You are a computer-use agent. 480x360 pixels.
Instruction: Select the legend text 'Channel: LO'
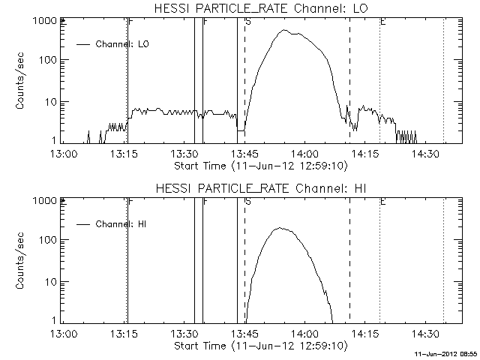click(x=123, y=44)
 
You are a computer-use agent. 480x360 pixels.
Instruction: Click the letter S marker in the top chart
click(x=248, y=22)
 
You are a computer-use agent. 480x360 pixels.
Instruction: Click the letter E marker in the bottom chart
click(x=383, y=202)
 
